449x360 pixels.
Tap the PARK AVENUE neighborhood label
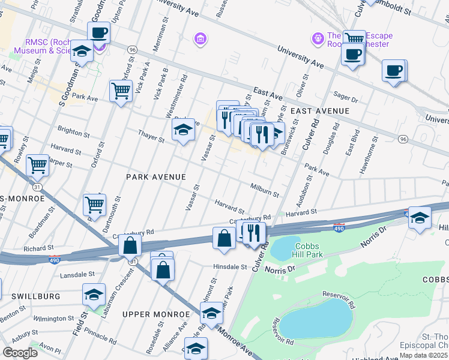click(x=155, y=177)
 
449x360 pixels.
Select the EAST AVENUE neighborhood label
click(x=320, y=112)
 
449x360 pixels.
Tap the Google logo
click(x=20, y=352)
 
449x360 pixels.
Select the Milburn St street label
click(x=265, y=190)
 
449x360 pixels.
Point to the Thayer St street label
click(x=151, y=136)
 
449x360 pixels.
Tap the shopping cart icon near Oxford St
click(x=121, y=91)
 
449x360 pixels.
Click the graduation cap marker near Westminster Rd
click(x=183, y=130)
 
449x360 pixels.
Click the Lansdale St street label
click(x=74, y=275)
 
